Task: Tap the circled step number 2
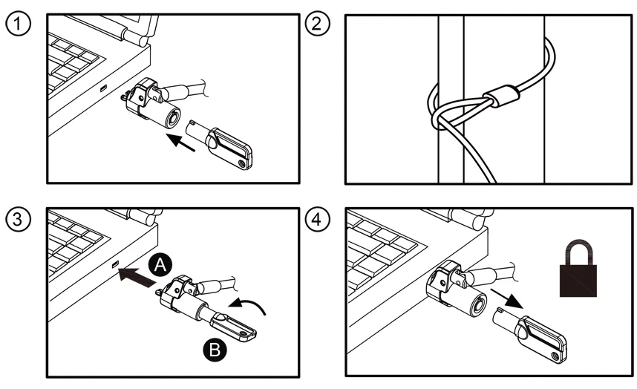tap(318, 24)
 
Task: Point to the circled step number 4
tap(318, 220)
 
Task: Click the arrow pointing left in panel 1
tap(182, 143)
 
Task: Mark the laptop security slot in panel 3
tap(114, 265)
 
